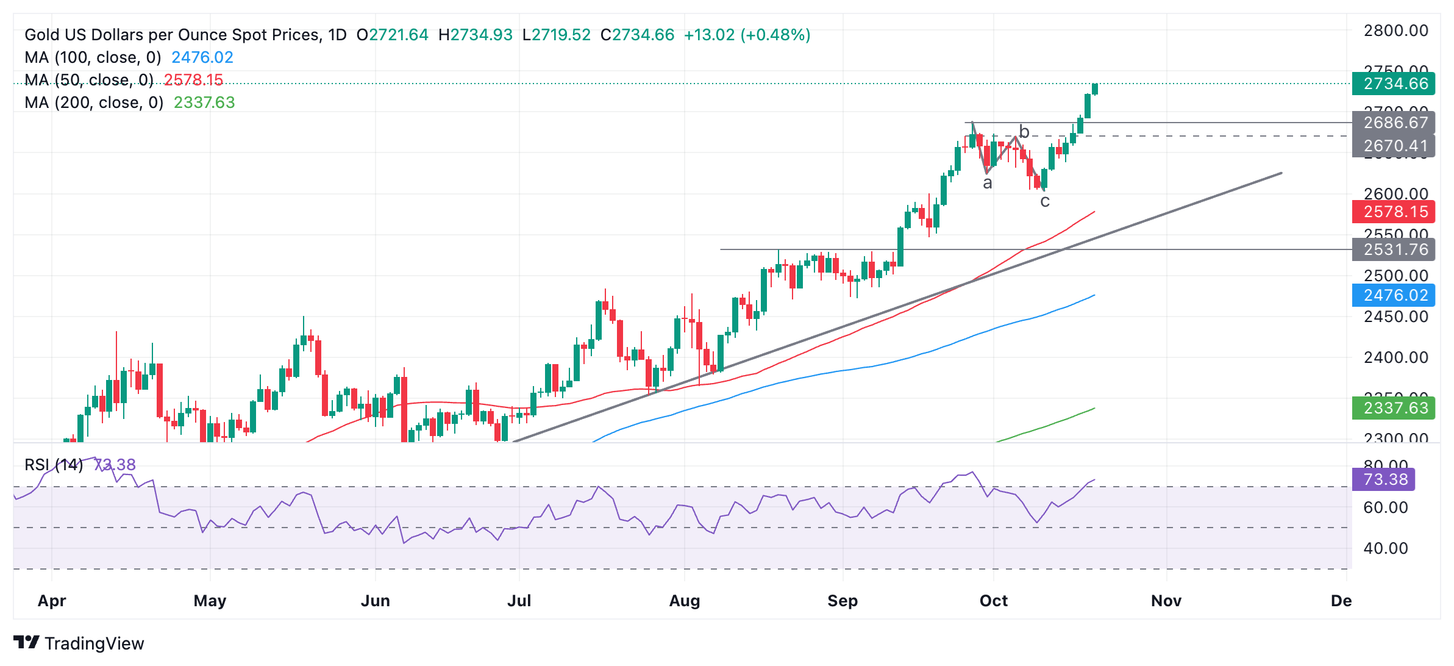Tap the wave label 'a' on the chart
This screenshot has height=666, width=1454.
coord(988,183)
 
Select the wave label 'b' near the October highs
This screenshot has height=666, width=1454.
coord(1024,132)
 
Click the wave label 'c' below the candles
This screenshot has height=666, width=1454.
coord(1045,201)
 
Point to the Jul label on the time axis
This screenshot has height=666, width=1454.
coord(519,601)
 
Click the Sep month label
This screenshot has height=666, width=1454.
coord(843,601)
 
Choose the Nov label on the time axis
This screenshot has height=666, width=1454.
coord(1166,601)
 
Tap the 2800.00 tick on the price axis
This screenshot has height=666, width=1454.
coord(1395,30)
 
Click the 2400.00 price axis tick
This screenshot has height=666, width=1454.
coord(1395,357)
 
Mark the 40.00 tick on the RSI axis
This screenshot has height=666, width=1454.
coord(1385,548)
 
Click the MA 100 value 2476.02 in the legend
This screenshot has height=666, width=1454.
coord(202,57)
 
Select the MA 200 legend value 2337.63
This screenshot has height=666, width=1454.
coord(204,102)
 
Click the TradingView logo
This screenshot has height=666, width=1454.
coord(79,643)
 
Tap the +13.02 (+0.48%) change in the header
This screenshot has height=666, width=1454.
coord(747,35)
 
